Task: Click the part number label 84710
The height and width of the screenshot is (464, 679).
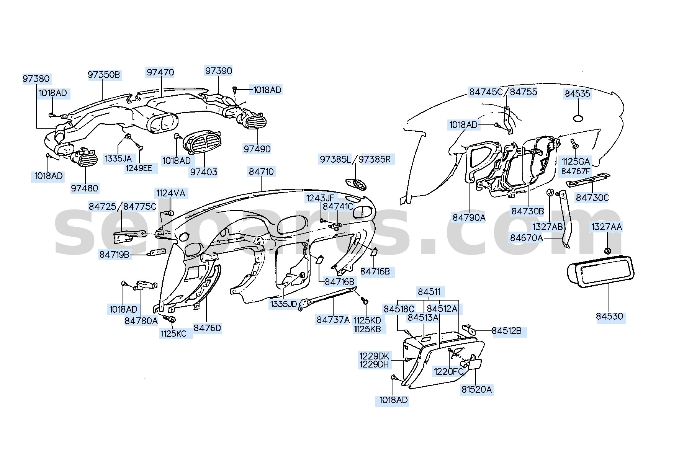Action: pos(262,172)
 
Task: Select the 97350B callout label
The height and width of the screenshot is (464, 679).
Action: pos(104,75)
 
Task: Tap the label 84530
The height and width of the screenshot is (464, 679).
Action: pos(609,317)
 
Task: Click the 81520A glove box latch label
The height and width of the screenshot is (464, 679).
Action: pos(476,390)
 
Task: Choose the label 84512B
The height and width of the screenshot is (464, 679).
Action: pos(506,331)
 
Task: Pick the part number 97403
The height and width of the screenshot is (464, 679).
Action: pos(204,172)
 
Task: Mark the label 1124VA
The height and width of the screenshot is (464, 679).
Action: pos(170,193)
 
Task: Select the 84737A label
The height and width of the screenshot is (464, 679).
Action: pos(333,320)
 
